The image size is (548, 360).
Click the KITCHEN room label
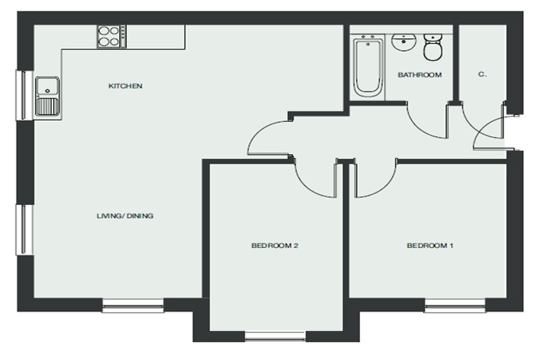click(125, 86)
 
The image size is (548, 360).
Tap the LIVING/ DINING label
click(124, 216)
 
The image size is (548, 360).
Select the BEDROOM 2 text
click(274, 246)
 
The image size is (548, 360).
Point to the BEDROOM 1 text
click(430, 246)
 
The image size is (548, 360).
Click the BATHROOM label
click(420, 75)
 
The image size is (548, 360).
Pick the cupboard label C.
click(482, 74)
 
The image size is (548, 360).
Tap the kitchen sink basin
click(48, 87)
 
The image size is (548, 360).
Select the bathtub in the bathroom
click(368, 68)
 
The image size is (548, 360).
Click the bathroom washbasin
click(404, 42)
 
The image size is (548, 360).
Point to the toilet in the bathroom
click(433, 47)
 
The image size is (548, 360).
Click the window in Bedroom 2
click(275, 337)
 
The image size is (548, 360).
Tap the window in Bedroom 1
click(455, 305)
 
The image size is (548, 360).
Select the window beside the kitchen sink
click(24, 95)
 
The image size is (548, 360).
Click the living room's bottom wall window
click(133, 305)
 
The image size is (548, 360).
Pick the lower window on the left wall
click(24, 230)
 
